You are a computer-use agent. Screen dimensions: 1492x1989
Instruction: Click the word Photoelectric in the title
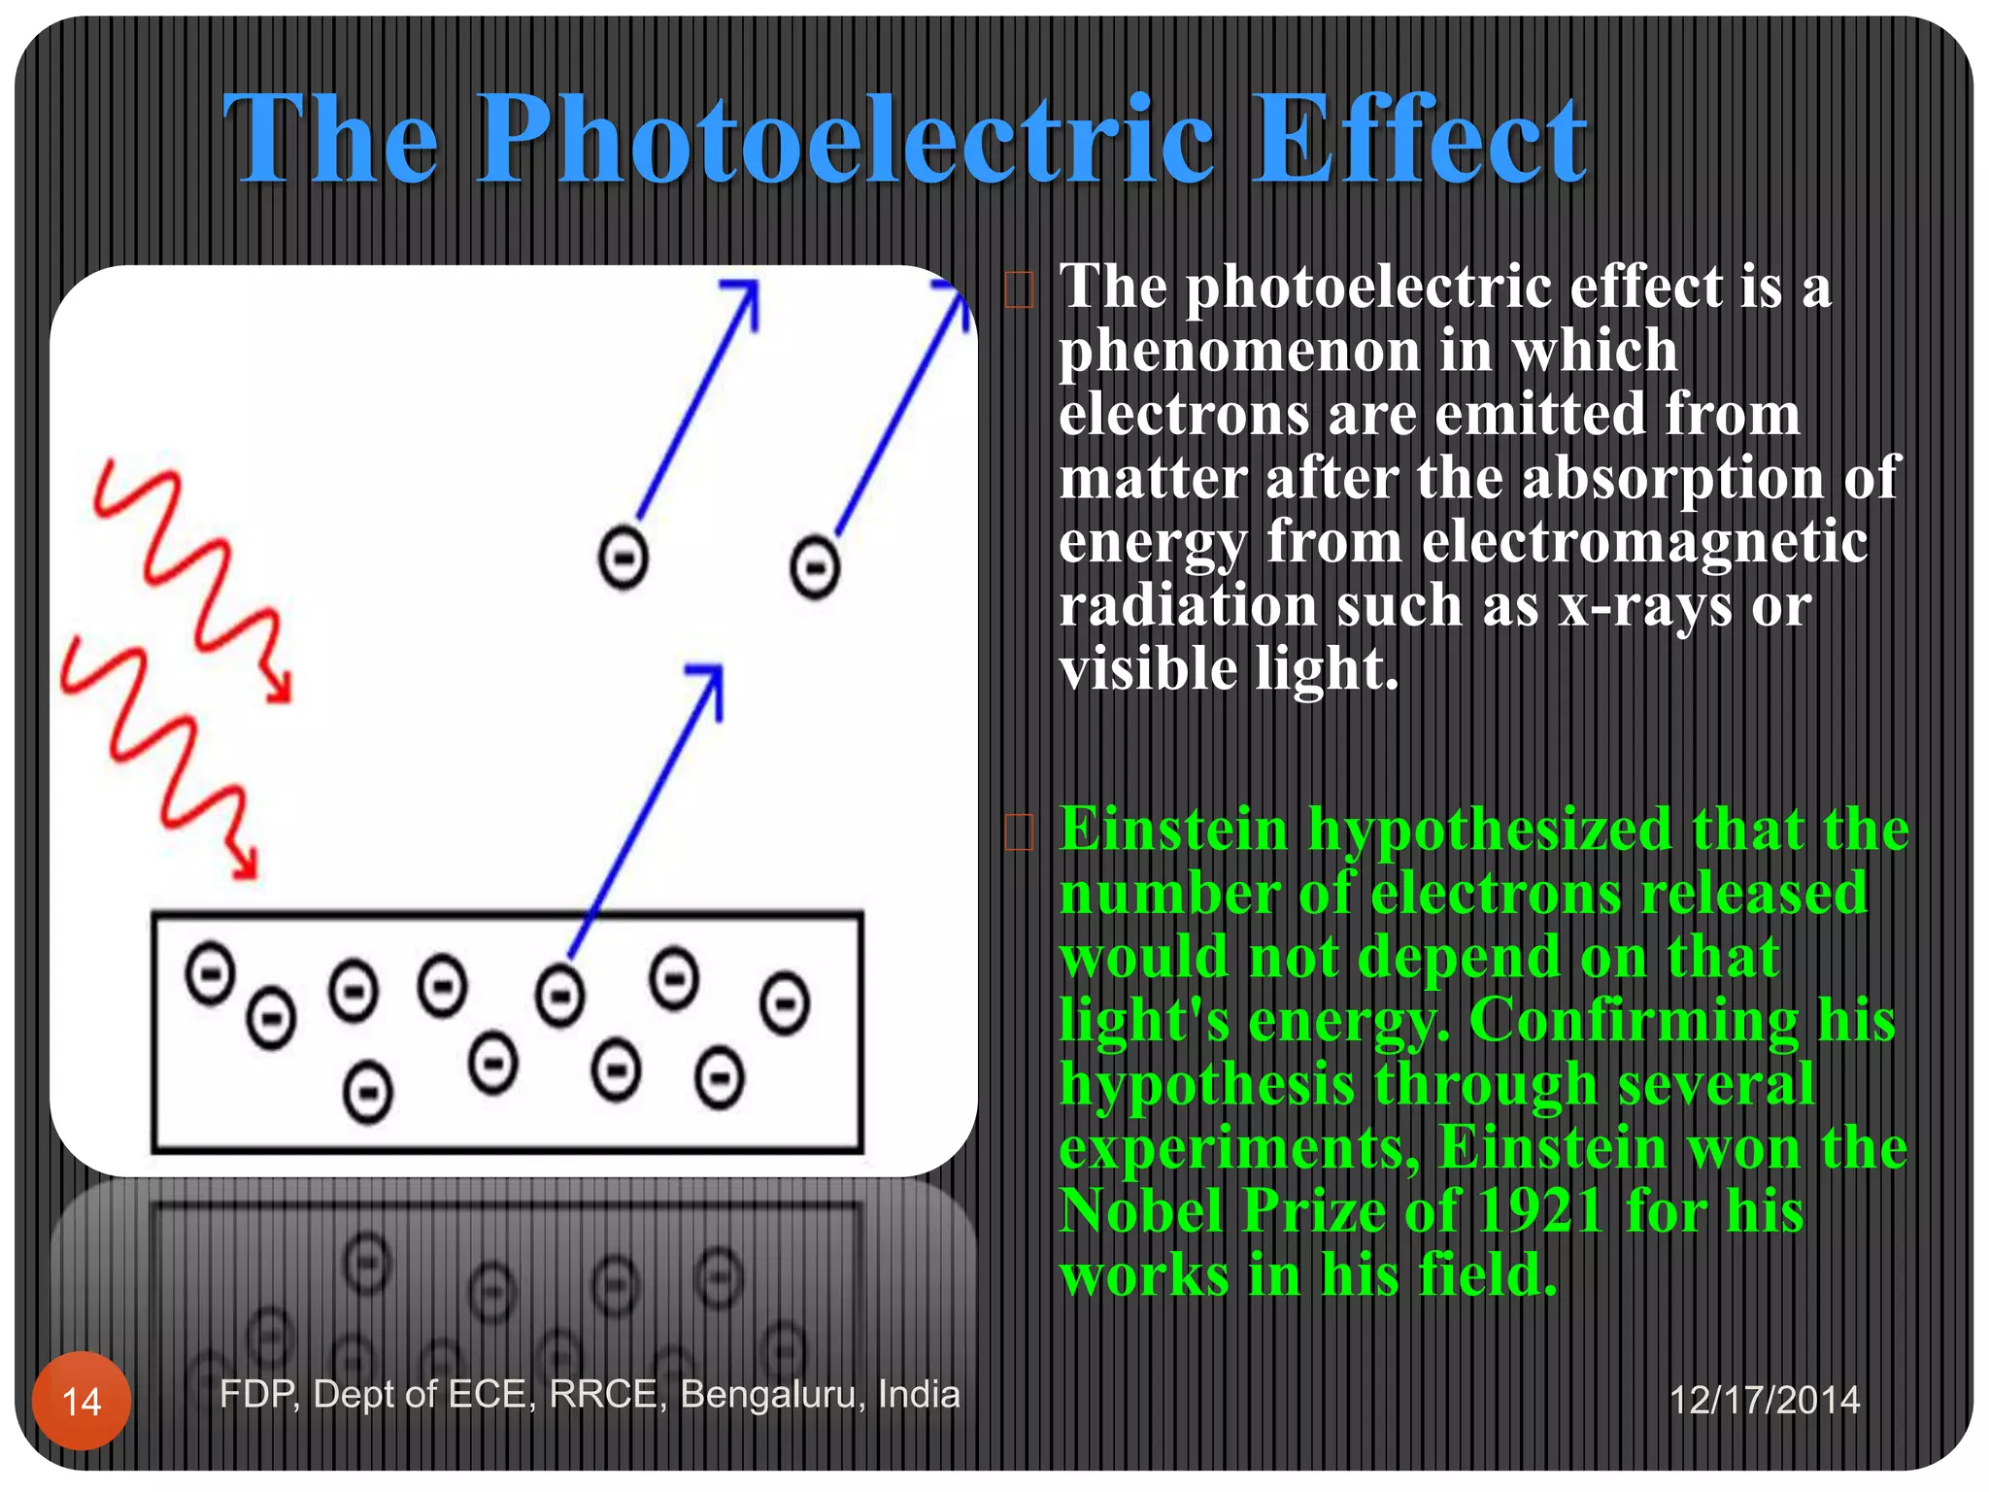tap(845, 141)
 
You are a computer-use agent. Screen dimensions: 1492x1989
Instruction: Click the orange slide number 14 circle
tap(82, 1400)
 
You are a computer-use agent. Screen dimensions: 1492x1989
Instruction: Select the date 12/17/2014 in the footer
tap(1764, 1400)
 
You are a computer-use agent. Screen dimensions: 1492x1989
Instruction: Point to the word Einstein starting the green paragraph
tap(1173, 831)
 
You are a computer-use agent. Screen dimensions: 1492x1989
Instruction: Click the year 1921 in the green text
tap(1539, 1211)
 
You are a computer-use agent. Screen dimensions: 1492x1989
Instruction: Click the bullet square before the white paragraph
tap(1019, 289)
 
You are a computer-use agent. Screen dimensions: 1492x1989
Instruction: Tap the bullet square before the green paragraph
tap(1019, 831)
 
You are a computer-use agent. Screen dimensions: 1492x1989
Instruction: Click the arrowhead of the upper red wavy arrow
tap(281, 690)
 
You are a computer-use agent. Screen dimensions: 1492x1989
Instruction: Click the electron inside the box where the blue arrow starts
tap(560, 996)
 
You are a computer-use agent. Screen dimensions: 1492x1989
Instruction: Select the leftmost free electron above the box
tap(623, 558)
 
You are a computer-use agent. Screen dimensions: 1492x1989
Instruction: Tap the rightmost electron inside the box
tap(785, 1002)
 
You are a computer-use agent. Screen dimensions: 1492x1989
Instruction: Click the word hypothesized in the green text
tap(1490, 831)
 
